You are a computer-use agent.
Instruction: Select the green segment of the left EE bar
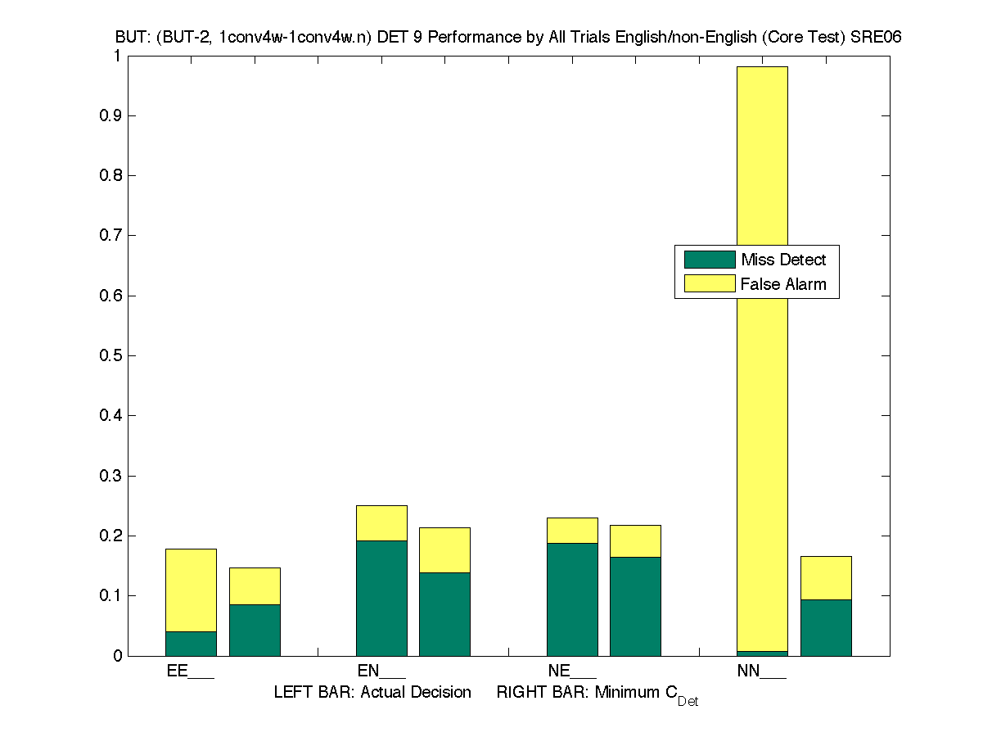click(x=191, y=644)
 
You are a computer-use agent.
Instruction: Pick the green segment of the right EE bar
click(x=255, y=630)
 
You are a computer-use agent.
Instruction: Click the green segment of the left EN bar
click(x=381, y=598)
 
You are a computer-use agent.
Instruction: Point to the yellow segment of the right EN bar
click(x=444, y=549)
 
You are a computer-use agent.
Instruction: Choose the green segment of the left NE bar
click(x=572, y=599)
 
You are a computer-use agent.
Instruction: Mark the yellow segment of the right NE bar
click(x=635, y=540)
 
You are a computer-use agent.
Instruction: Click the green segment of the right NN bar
click(x=826, y=627)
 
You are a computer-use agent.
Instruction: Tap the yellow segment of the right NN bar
click(x=826, y=577)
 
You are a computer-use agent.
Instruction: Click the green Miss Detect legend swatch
click(x=710, y=260)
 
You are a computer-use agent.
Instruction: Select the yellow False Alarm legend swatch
click(x=710, y=284)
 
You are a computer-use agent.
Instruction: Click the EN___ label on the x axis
click(x=381, y=671)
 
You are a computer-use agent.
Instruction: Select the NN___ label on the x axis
click(x=762, y=671)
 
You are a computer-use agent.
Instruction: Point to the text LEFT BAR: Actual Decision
click(x=372, y=693)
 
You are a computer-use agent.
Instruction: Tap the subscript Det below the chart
click(x=688, y=702)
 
